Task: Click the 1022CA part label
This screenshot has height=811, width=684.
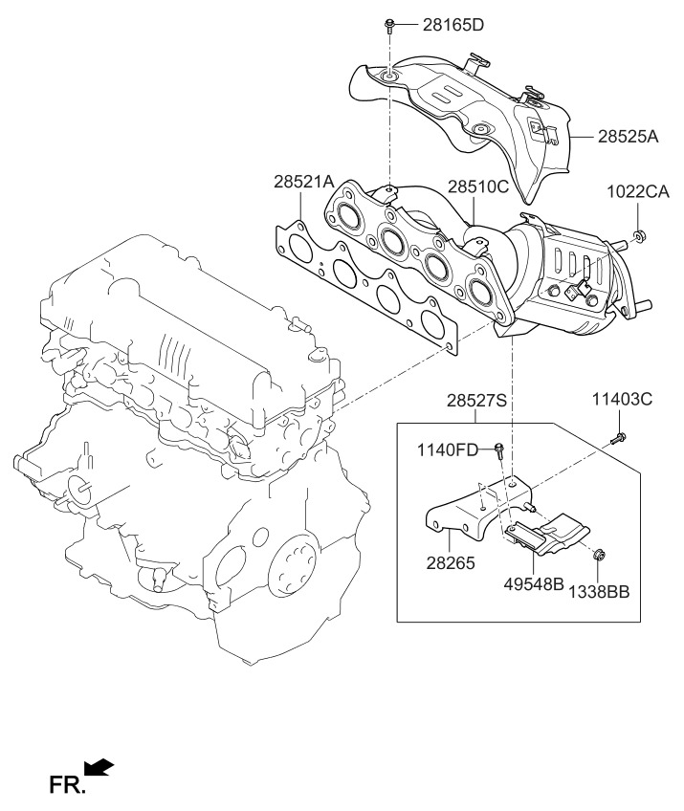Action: [638, 191]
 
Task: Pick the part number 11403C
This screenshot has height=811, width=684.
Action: [619, 399]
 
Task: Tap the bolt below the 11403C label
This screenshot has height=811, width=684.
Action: [618, 438]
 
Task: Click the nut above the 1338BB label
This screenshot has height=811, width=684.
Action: [597, 552]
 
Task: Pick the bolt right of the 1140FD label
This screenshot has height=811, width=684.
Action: [499, 448]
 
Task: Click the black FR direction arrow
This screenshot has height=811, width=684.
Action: [99, 766]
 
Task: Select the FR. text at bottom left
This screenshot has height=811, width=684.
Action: [67, 785]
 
